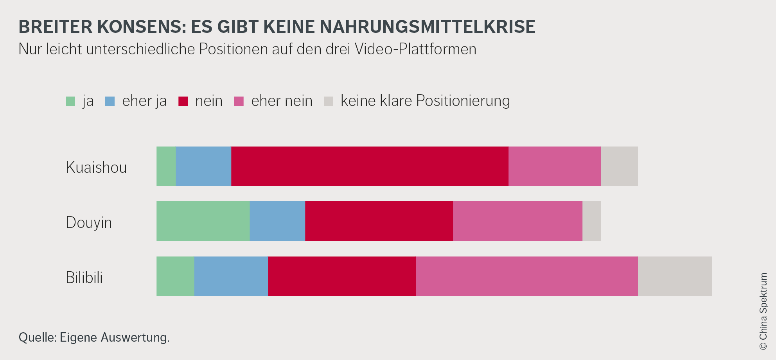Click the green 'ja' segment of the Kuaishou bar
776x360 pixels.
pos(166,166)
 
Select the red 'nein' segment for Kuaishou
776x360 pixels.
pos(370,166)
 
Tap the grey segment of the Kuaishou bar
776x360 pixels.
pos(619,166)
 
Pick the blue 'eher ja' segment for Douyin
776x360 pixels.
pos(277,221)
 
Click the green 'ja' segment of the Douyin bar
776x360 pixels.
pos(203,221)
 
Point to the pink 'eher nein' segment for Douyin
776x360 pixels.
pos(517,221)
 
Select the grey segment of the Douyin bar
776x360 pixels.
pos(591,221)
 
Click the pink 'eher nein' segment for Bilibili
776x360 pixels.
pos(527,276)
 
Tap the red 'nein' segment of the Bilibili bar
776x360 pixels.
pos(342,276)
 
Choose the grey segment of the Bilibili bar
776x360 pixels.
pos(675,276)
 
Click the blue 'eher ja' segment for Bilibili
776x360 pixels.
pos(231,276)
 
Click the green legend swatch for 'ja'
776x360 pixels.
pos(70,101)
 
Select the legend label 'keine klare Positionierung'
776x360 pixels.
pos(425,101)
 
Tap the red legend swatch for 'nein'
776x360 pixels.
pos(183,101)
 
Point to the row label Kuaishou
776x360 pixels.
pos(96,167)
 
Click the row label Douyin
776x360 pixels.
pos(89,222)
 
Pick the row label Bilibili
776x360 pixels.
pos(84,278)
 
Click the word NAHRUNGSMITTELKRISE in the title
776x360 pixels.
pos(428,27)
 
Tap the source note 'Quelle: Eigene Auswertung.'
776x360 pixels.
pos(94,337)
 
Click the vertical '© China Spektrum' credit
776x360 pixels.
pos(763,311)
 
